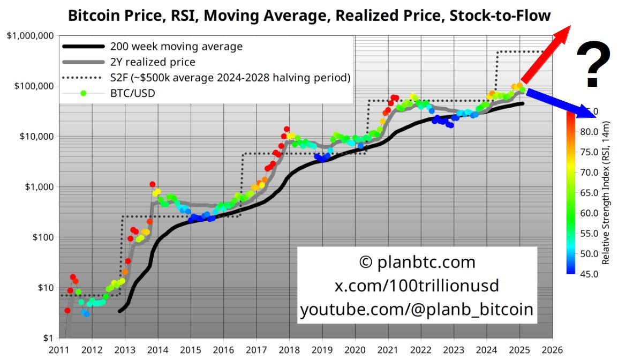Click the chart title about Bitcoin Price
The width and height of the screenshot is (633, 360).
pyautogui.click(x=309, y=15)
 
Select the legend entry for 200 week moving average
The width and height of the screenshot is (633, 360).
pyautogui.click(x=176, y=47)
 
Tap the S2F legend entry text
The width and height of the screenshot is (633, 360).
pyautogui.click(x=230, y=78)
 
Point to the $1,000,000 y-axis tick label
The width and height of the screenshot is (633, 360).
pyautogui.click(x=31, y=36)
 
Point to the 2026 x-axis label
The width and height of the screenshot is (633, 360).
pyautogui.click(x=553, y=350)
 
